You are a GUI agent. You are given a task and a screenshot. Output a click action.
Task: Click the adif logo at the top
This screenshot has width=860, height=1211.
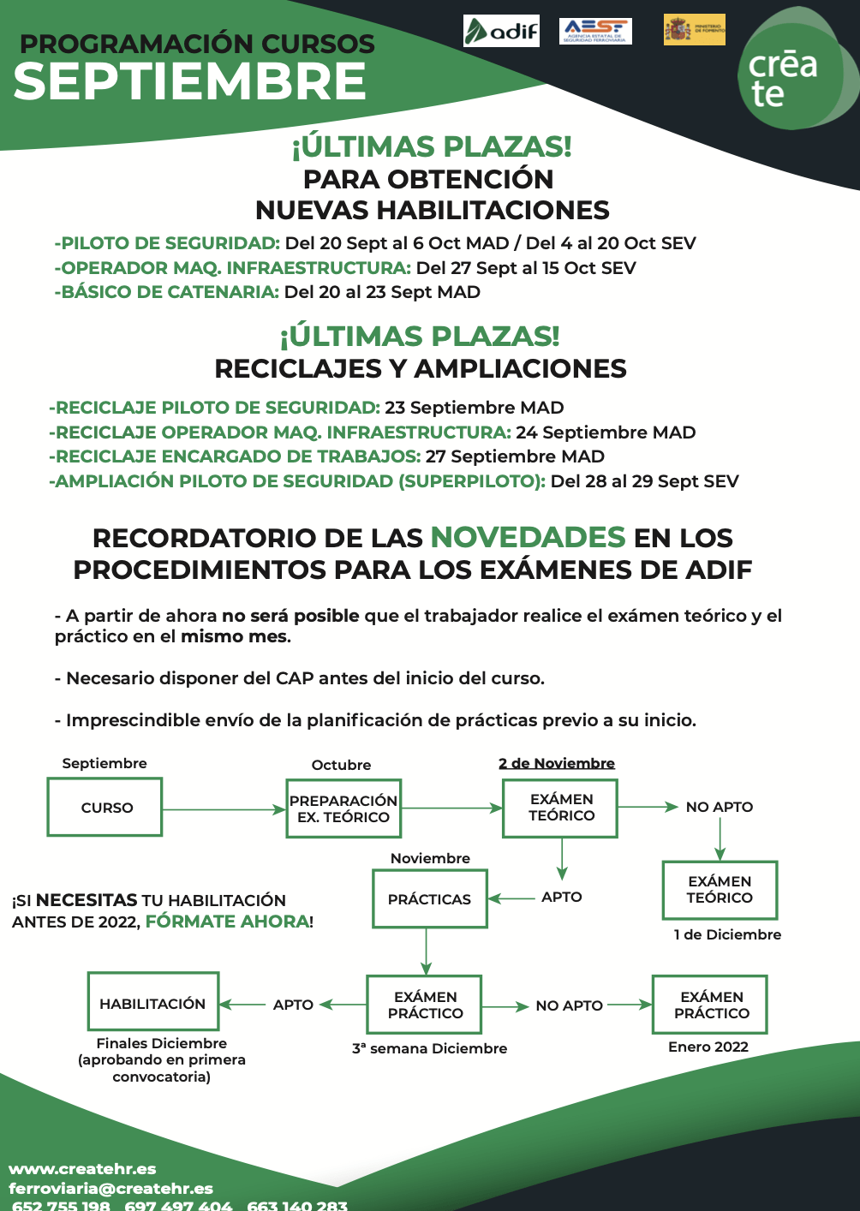(x=501, y=31)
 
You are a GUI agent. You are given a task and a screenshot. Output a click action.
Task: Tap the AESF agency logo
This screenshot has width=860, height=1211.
(x=595, y=31)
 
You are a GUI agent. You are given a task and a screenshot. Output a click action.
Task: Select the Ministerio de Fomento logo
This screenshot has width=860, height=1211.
(x=694, y=29)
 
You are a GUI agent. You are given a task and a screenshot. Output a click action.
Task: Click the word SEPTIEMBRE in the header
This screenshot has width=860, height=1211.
(x=190, y=81)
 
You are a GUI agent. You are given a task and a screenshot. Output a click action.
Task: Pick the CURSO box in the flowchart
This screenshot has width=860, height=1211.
(x=105, y=807)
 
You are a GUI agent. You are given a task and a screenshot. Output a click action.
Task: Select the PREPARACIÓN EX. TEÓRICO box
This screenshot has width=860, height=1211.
(x=343, y=808)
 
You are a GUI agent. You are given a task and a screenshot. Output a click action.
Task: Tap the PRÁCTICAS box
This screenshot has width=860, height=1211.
(x=429, y=899)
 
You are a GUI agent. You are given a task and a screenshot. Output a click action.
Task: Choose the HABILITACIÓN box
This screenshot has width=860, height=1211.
(x=152, y=1002)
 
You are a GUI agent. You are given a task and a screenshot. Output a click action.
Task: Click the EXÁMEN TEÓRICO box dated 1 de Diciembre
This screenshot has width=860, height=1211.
(x=720, y=890)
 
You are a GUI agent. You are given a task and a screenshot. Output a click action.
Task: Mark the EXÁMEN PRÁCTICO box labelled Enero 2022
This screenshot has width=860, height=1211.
(x=711, y=1005)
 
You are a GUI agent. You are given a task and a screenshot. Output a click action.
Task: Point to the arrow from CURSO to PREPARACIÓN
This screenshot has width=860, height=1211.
(x=223, y=809)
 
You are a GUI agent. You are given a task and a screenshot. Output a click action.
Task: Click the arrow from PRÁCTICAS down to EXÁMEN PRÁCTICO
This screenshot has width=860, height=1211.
(x=426, y=951)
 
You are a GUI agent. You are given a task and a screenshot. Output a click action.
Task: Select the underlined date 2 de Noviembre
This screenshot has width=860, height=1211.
(x=557, y=763)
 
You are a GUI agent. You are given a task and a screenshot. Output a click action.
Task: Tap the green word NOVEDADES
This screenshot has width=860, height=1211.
(x=528, y=537)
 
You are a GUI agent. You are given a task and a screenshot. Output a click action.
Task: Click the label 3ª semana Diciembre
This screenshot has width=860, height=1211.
(x=429, y=1048)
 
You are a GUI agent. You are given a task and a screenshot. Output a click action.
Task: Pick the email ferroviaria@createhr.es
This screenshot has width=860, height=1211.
(x=110, y=1188)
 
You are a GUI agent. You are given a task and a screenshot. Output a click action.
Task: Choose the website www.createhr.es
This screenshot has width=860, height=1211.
(x=82, y=1168)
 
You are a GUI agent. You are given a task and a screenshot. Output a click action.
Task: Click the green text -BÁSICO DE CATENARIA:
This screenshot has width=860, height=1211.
(x=167, y=292)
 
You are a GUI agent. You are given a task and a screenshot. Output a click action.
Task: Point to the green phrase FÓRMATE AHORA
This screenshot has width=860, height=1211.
(x=227, y=922)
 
